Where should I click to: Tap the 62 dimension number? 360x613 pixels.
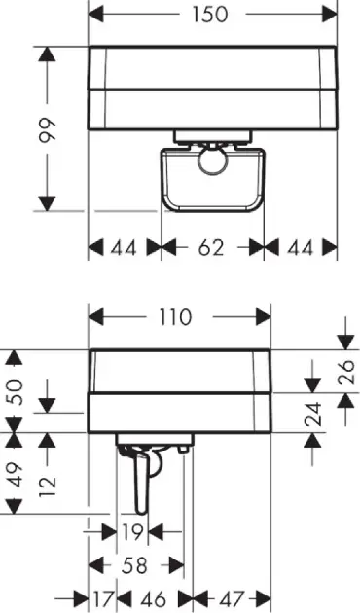211,248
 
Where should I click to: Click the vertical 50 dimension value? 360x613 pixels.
14,392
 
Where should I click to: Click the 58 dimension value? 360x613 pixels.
136,564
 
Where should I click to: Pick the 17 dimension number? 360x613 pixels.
104,597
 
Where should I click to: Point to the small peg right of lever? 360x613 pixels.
182,450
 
